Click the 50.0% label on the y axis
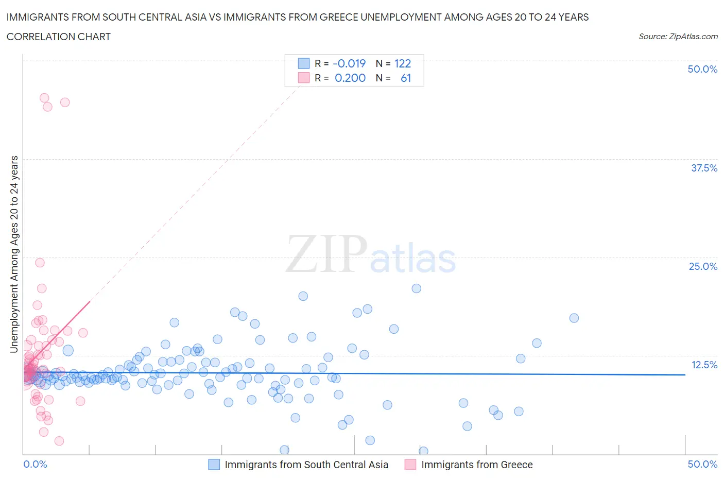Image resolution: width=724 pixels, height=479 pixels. (x=702, y=69)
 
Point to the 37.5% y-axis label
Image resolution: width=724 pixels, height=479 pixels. (x=704, y=168)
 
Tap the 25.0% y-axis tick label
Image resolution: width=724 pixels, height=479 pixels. (x=703, y=266)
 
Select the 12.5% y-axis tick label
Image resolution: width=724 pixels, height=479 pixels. (x=704, y=365)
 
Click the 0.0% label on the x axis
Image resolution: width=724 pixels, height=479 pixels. (x=35, y=464)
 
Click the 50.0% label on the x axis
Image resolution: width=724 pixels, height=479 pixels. (x=702, y=464)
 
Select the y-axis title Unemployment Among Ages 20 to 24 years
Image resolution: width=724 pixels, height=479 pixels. (x=14, y=254)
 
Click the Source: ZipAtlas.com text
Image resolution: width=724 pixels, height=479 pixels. (x=678, y=36)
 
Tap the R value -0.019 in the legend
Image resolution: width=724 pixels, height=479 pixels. (x=349, y=63)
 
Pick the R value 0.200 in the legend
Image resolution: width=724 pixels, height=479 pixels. (x=350, y=78)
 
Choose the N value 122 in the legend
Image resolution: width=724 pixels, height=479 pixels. (x=403, y=63)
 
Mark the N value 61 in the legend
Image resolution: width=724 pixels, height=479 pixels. (x=406, y=78)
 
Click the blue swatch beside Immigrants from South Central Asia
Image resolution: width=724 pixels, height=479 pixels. (x=214, y=465)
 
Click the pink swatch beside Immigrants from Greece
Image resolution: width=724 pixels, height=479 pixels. (x=410, y=465)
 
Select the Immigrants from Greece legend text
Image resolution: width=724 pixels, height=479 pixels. (x=477, y=465)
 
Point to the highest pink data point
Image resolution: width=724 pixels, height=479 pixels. (x=44, y=98)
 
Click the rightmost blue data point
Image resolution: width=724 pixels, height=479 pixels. (x=574, y=318)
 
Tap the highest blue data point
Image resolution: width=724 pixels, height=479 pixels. (x=417, y=288)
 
